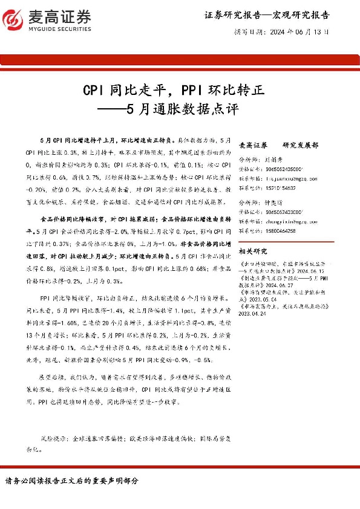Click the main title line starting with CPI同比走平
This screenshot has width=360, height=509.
(174, 91)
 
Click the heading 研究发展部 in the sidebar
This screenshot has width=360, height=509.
(300, 146)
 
